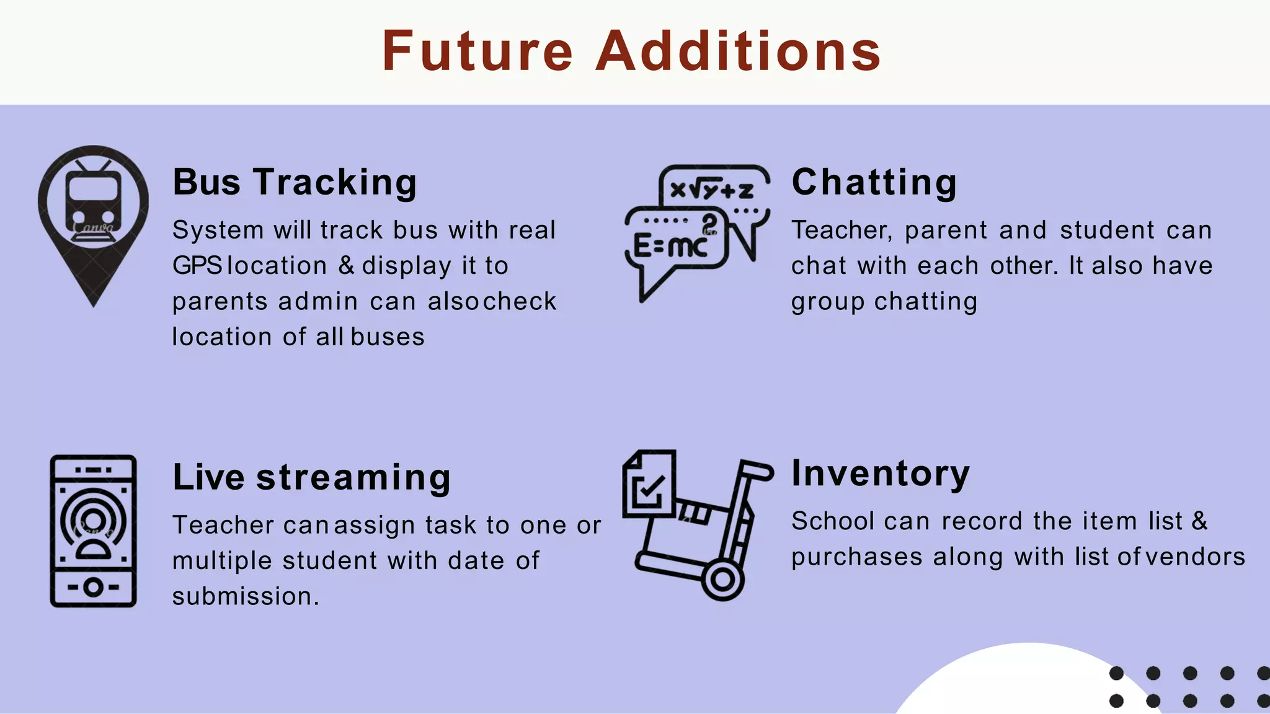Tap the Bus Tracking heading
tap(295, 182)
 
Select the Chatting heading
tap(874, 182)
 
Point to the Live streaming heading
tap(311, 477)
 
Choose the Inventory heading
tap(881, 474)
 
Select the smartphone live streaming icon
tap(93, 531)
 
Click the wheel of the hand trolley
tap(722, 580)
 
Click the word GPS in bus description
tap(197, 266)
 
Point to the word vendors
tap(1195, 557)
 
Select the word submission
tap(246, 596)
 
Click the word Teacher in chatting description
tap(841, 231)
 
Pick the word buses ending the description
tap(388, 337)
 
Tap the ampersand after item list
tap(1200, 521)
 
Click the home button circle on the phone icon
tap(93, 587)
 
